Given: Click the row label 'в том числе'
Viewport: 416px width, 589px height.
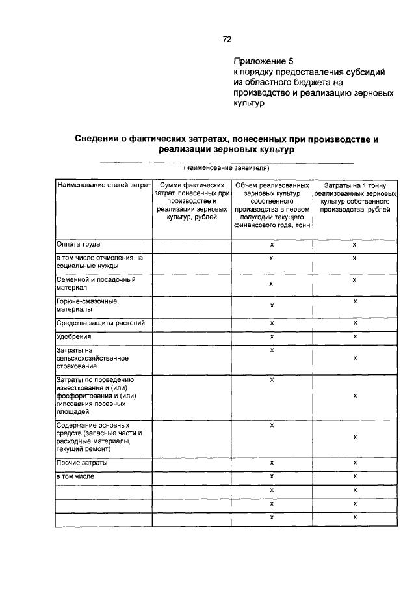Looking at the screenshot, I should tap(75, 476).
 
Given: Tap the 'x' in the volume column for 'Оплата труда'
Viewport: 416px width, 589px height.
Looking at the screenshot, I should tap(272, 245).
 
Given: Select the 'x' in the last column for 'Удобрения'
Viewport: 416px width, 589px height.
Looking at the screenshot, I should tap(355, 337).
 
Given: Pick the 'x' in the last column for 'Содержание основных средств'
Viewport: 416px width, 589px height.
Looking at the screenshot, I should tap(355, 437).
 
